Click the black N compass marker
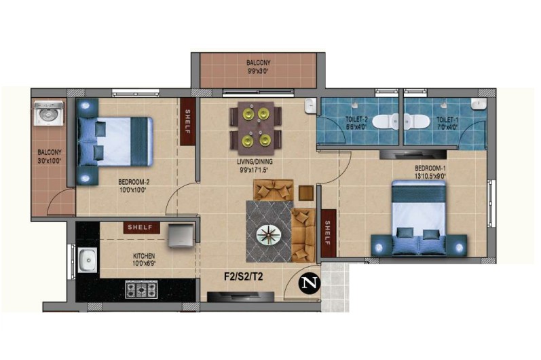309,283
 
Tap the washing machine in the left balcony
49,113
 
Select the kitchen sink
88,260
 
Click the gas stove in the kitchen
141,289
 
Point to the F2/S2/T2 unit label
243,276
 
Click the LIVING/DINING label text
255,162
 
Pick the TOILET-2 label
356,120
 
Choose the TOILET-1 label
447,120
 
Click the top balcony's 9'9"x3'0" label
258,71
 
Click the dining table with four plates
256,128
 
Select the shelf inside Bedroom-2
188,122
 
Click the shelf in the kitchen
141,227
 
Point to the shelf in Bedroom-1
328,233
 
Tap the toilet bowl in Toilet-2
386,122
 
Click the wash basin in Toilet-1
479,104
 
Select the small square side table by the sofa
306,194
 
